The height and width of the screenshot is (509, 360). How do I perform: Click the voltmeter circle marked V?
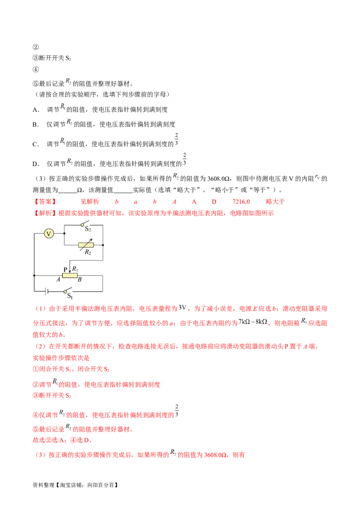49,233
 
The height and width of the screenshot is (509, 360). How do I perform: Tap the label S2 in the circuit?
88,229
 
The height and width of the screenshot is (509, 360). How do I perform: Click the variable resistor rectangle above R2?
86,245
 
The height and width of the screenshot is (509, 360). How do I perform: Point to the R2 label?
88,252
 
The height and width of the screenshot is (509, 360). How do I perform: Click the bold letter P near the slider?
65,269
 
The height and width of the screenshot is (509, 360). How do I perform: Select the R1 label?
76,268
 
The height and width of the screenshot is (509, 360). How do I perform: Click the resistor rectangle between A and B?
70,275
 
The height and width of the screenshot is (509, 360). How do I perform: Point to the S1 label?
70,296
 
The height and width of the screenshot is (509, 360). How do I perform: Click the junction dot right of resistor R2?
103,245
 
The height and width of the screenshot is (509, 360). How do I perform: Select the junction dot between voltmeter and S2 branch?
64,233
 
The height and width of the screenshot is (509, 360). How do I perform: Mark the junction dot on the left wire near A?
35,275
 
